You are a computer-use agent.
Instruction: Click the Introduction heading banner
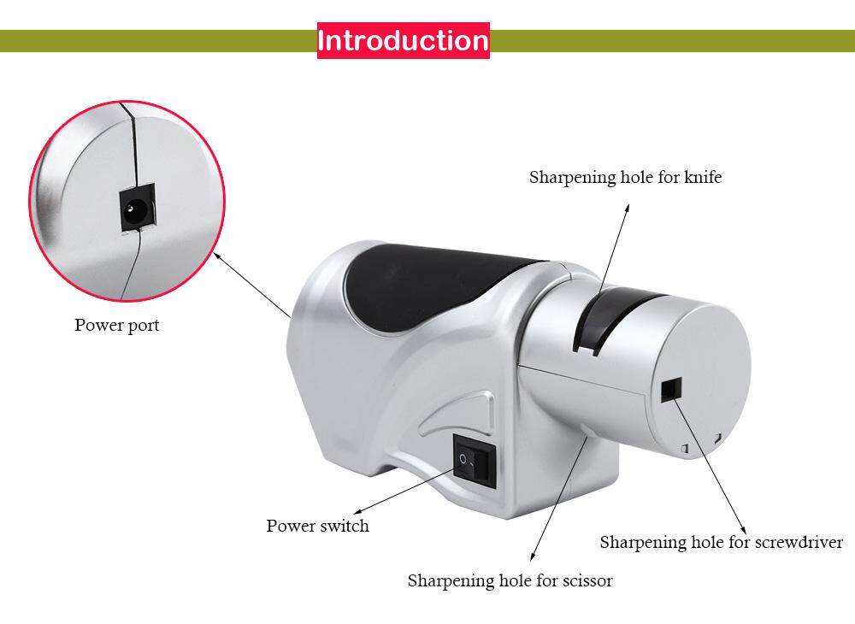pyautogui.click(x=403, y=40)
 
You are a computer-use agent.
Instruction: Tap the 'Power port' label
pyautogui.click(x=116, y=325)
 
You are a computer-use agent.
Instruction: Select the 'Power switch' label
pyautogui.click(x=317, y=526)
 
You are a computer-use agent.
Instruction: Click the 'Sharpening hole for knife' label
pyautogui.click(x=625, y=178)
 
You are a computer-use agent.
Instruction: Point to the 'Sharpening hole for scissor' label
pyautogui.click(x=510, y=581)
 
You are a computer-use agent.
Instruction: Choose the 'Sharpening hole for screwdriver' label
pyautogui.click(x=721, y=542)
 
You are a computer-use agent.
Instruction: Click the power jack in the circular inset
pyautogui.click(x=134, y=209)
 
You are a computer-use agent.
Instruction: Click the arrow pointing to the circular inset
pyautogui.click(x=252, y=286)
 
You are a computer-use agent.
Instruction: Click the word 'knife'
pyautogui.click(x=702, y=178)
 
